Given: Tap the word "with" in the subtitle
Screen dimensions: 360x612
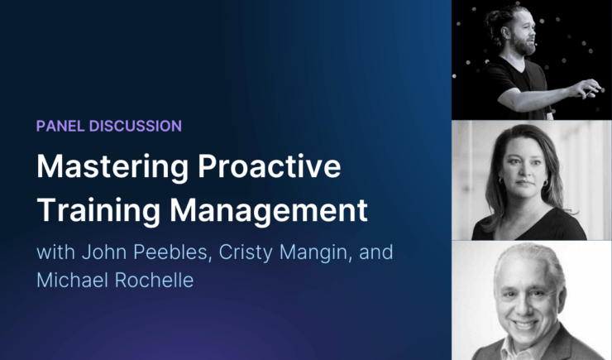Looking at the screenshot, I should (54, 252).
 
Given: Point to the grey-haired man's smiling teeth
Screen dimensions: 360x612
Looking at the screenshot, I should (526, 319).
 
